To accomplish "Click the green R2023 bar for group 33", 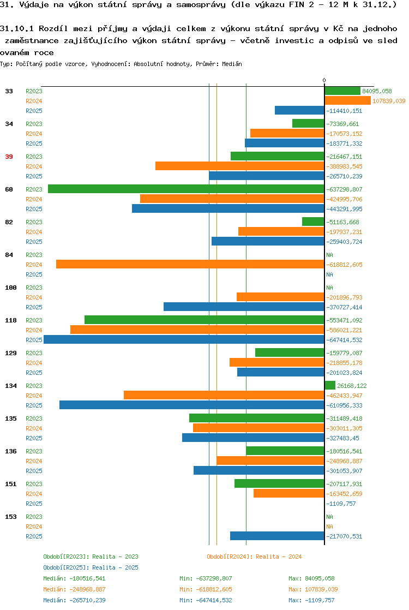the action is (342, 91).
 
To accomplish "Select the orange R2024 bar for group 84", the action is (190, 265).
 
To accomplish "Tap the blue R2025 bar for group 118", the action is (184, 339).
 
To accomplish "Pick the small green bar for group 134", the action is (330, 386).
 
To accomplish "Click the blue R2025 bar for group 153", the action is (277, 536).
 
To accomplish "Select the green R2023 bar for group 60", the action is (186, 189).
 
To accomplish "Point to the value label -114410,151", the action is (345, 111).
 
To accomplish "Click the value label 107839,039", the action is (389, 101).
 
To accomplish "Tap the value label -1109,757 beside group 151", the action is (341, 504).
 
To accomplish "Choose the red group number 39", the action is (9, 157).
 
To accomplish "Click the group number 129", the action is (11, 353).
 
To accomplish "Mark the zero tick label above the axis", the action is (324, 81).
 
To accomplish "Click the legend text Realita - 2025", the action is (115, 567).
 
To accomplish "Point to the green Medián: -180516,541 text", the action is (74, 578).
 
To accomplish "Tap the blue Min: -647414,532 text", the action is (206, 600).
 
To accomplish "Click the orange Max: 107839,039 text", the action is (313, 589).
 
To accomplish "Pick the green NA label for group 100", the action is (330, 288).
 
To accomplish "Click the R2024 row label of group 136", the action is (34, 461).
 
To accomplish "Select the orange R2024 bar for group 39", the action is (240, 166).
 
